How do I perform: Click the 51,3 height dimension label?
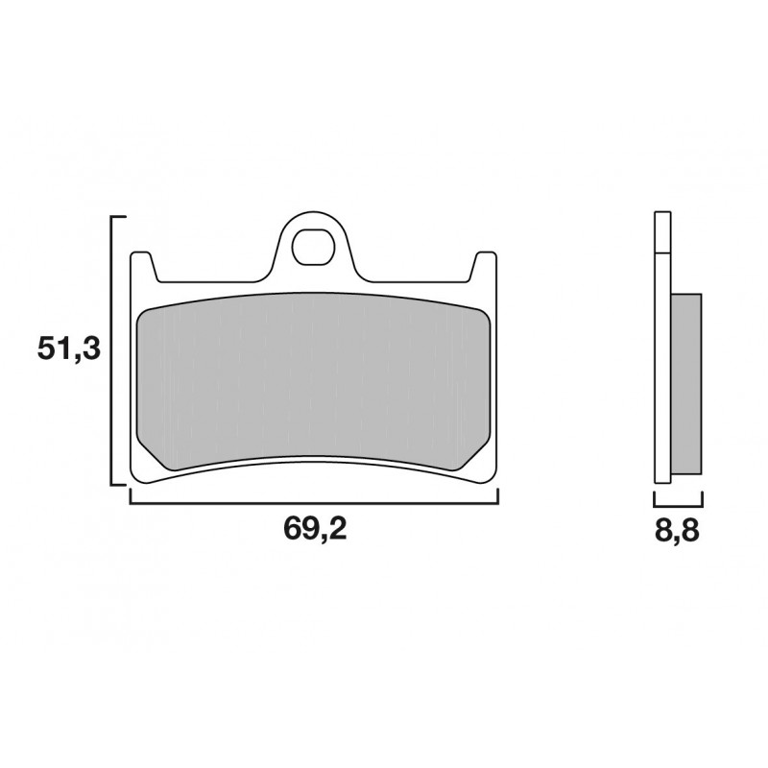point(68,349)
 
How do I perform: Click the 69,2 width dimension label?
point(315,529)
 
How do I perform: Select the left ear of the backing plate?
point(144,267)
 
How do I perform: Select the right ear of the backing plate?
point(483,267)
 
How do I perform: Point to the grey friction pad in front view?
point(314,382)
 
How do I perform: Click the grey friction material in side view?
point(686,384)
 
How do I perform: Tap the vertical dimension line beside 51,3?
point(112,350)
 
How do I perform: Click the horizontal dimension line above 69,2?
point(314,502)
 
